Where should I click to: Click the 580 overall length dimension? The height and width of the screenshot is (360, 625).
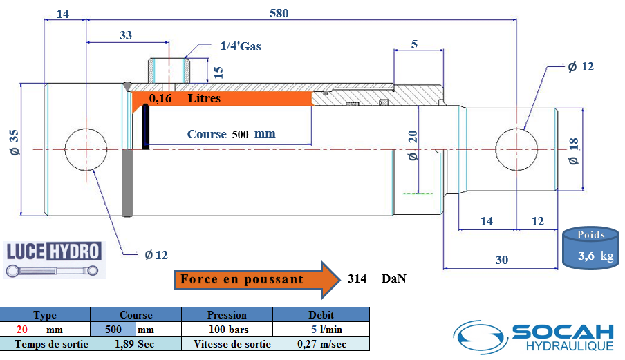[279, 13]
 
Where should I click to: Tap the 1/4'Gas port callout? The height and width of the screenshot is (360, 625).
[241, 46]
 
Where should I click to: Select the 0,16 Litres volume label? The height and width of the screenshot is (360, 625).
[185, 98]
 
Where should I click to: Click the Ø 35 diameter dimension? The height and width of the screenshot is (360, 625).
[14, 142]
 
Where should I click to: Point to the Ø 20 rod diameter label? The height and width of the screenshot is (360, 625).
[413, 145]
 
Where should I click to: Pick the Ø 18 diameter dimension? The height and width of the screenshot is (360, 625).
[573, 151]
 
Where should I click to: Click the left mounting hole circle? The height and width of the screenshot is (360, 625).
[86, 149]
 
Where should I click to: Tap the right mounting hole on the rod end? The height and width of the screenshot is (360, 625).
[516, 149]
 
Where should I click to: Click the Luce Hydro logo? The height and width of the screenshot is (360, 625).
[54, 260]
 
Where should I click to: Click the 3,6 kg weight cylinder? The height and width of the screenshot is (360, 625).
[590, 247]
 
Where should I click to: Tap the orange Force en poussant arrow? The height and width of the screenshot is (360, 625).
[257, 280]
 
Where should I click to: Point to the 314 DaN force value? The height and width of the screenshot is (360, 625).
[377, 278]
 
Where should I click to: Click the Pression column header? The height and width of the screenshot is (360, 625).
[227, 314]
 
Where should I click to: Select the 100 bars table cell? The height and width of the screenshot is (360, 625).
[228, 330]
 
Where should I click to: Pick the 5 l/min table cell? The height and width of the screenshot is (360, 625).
[326, 330]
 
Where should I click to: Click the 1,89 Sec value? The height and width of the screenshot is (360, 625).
[134, 344]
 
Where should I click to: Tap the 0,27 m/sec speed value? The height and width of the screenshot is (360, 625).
[321, 344]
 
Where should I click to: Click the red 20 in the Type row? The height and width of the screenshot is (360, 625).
[22, 330]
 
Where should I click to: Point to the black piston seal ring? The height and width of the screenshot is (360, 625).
[145, 126]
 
